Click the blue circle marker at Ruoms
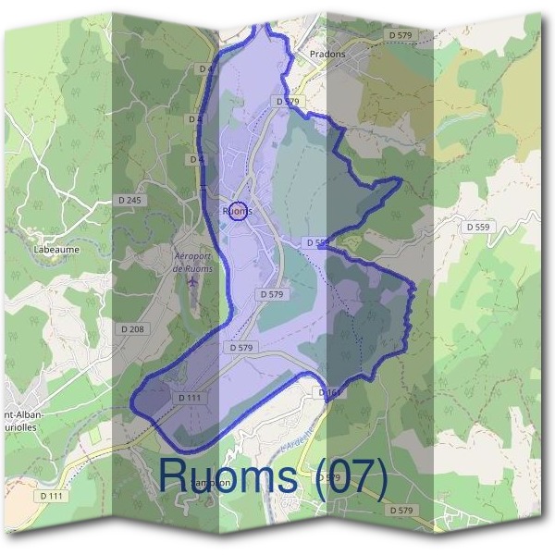[237, 212]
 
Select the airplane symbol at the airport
[192, 280]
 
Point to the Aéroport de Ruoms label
[193, 262]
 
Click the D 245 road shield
[131, 201]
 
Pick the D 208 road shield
[132, 328]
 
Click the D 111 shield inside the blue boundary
[188, 398]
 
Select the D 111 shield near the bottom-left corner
[53, 497]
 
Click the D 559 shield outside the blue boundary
[477, 227]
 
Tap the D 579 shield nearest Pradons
[401, 34]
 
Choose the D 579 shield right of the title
[401, 510]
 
